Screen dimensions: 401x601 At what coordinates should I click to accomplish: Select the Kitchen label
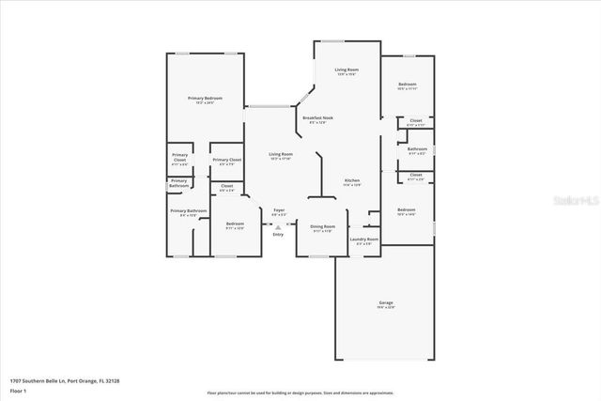pyautogui.click(x=352, y=180)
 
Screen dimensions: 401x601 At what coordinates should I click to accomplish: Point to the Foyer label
pyautogui.click(x=279, y=209)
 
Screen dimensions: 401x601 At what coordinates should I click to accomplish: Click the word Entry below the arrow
pyautogui.click(x=278, y=234)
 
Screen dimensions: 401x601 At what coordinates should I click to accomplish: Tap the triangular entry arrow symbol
pyautogui.click(x=278, y=226)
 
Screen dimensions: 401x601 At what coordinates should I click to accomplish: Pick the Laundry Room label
pyautogui.click(x=364, y=239)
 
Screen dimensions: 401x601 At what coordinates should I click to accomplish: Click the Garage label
pyautogui.click(x=386, y=302)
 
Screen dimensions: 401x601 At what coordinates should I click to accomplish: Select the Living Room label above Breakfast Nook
pyautogui.click(x=348, y=70)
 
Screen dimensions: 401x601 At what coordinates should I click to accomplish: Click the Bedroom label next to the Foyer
pyautogui.click(x=234, y=224)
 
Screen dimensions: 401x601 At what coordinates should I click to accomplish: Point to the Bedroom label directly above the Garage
pyautogui.click(x=406, y=209)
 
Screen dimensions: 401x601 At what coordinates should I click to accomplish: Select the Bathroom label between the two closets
pyautogui.click(x=418, y=149)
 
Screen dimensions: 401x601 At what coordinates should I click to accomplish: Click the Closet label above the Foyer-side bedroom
pyautogui.click(x=227, y=186)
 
